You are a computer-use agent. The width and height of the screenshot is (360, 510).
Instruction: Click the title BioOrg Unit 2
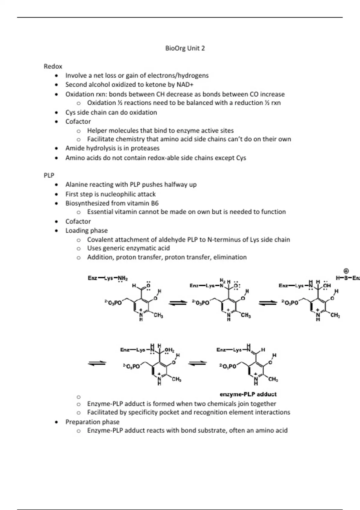185,48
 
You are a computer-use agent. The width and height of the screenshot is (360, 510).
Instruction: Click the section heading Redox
53,66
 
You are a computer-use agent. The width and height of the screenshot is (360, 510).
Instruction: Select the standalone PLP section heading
49,175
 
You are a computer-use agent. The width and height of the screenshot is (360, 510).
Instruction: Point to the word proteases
146,148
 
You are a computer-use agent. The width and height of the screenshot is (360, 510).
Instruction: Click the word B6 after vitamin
154,203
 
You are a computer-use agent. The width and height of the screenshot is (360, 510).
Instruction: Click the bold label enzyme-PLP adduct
248,394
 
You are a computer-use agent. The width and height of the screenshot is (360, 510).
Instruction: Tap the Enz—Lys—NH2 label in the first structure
108,278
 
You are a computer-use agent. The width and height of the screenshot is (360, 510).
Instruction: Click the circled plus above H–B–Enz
346,271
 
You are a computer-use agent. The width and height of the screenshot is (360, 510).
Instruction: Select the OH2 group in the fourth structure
169,350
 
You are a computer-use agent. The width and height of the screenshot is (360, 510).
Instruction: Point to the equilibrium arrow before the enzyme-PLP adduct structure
197,363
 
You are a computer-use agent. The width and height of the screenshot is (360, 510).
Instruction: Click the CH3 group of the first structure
158,315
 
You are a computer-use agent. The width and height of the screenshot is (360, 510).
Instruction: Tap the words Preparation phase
92,422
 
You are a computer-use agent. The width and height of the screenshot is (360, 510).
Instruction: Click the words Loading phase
86,230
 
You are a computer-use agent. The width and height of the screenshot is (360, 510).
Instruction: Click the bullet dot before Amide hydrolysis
57,148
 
